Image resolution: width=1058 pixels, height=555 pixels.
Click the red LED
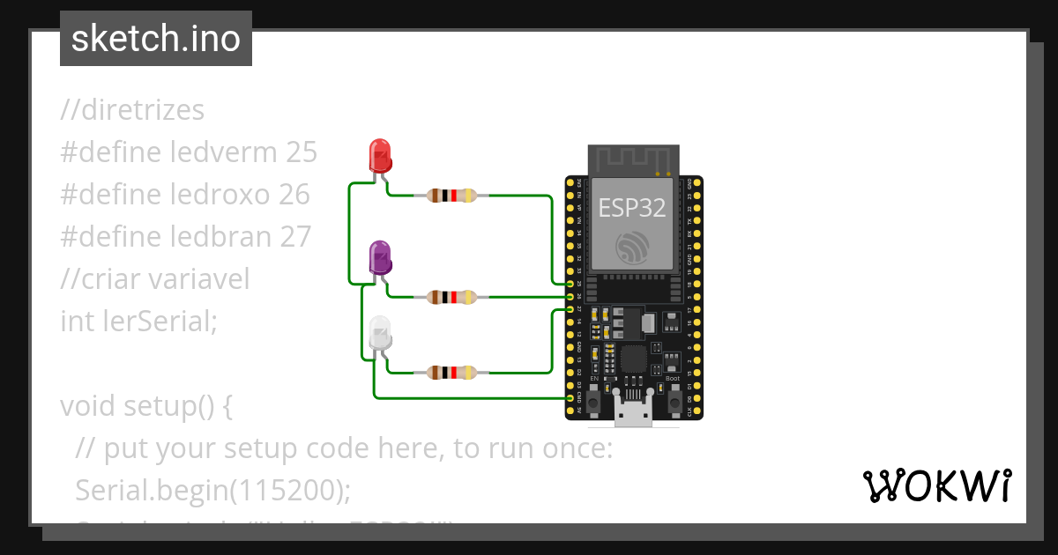[380, 156]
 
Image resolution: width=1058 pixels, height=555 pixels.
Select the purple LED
[380, 256]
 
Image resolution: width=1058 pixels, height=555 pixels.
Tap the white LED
[380, 332]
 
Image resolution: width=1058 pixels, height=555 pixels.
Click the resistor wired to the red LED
[451, 196]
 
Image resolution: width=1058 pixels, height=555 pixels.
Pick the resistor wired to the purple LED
[451, 298]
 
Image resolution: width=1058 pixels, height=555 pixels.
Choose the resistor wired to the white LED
[451, 373]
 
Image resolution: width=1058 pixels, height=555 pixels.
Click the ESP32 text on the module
[632, 207]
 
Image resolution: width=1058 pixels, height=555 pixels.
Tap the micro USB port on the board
[634, 412]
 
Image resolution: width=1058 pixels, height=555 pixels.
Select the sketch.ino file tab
[156, 39]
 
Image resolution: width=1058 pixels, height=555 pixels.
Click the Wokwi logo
[936, 485]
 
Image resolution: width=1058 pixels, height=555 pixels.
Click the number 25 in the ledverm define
[301, 152]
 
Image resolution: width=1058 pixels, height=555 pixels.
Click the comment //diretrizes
[132, 110]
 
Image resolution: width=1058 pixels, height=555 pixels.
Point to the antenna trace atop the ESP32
[633, 161]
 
